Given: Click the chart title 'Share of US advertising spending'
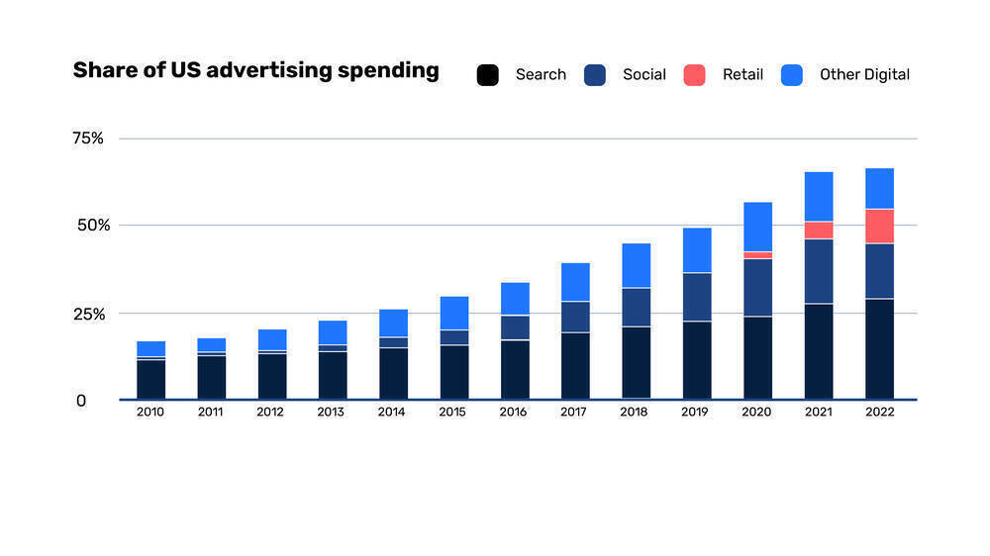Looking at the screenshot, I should coord(255,71).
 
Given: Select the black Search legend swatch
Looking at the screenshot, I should coord(487,75).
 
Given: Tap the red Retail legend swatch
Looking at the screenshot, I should coord(694,75).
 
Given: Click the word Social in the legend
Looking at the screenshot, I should coord(643,75).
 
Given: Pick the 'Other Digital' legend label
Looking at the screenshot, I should coord(863,75).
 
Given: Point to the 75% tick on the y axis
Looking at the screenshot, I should coord(88,139).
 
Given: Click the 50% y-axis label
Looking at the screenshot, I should coord(88,225).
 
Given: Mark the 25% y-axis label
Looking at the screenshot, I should coord(88,314).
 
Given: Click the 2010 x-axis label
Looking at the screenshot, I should coord(150,413).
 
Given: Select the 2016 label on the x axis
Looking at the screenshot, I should coord(514,413).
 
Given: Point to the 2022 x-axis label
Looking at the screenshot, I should coord(879,413).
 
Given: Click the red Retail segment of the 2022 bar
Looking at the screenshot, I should coord(879,226).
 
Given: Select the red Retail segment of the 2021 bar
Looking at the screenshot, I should coord(819,230).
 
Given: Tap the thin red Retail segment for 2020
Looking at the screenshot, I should coord(757,255).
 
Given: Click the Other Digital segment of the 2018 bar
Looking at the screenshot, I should coord(636,265).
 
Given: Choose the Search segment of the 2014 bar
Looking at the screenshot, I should coord(393,373).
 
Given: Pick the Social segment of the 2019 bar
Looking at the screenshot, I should coord(697,297).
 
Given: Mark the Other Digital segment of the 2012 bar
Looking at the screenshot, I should coord(271,339).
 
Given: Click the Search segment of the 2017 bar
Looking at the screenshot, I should coord(575,365).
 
